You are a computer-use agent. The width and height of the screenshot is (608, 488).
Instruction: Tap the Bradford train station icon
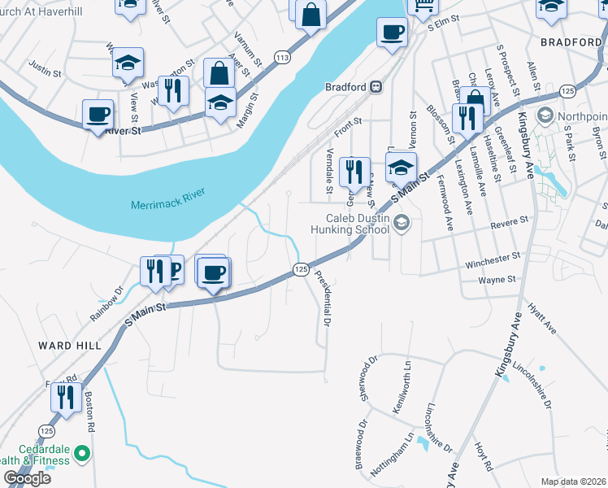(376, 87)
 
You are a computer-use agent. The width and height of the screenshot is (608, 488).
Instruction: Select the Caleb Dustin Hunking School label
(358, 224)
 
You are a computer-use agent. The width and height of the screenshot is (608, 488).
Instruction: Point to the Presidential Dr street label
(323, 298)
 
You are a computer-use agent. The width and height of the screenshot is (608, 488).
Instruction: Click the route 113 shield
(282, 57)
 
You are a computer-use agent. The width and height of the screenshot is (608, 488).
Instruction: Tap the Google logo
(27, 478)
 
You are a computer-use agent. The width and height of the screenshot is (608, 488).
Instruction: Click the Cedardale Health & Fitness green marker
(81, 452)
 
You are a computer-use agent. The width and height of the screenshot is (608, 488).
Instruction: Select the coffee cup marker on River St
(98, 115)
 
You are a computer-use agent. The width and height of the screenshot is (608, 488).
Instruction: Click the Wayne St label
(497, 280)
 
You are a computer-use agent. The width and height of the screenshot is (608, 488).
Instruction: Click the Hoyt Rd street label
(484, 458)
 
